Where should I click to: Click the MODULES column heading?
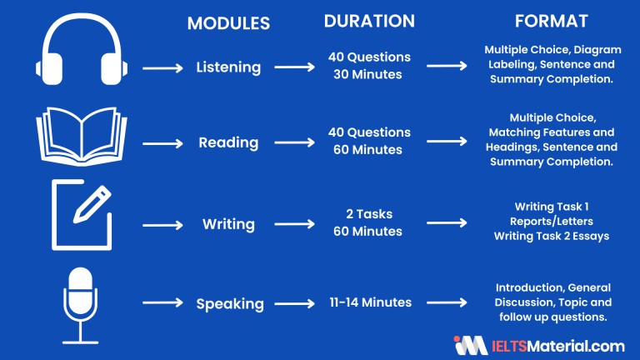click(228, 23)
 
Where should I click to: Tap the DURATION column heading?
click(369, 22)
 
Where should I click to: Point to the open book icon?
click(81, 137)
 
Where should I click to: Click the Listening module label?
click(228, 66)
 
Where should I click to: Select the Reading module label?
click(227, 142)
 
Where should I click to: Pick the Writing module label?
click(227, 224)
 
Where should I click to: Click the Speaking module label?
click(229, 304)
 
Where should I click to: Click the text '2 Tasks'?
click(369, 215)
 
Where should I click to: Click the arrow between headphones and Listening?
click(162, 67)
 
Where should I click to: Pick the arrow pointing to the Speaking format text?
click(447, 304)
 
